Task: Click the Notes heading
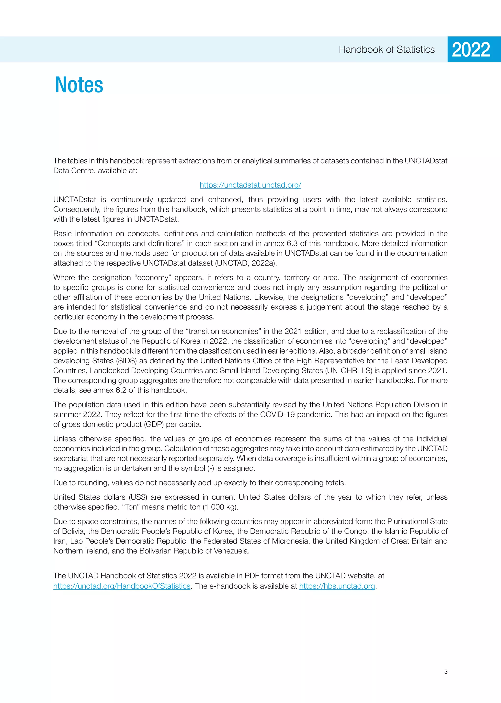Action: [x=79, y=85]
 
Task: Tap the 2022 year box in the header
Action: [x=471, y=49]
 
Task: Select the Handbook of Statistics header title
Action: [x=387, y=49]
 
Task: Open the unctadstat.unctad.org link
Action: [x=250, y=185]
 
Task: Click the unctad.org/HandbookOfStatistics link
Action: [x=122, y=586]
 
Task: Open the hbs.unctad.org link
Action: [x=337, y=586]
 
